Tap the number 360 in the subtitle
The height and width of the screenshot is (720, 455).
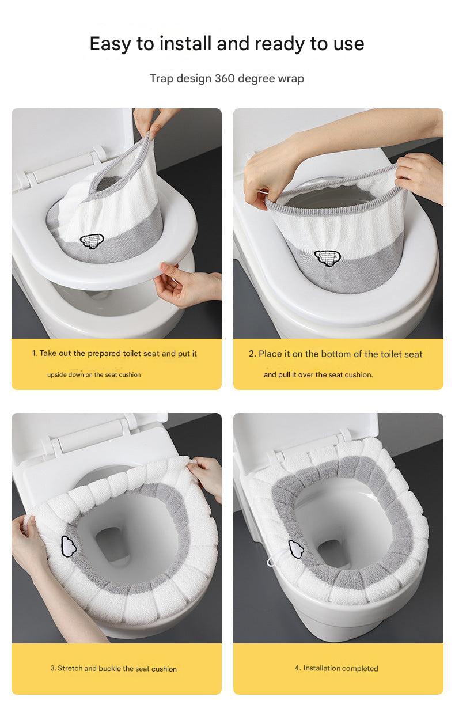click(224, 78)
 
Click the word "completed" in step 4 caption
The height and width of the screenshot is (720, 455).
click(357, 669)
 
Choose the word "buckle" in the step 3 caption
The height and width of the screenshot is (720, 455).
click(109, 669)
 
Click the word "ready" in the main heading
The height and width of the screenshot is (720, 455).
click(283, 44)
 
